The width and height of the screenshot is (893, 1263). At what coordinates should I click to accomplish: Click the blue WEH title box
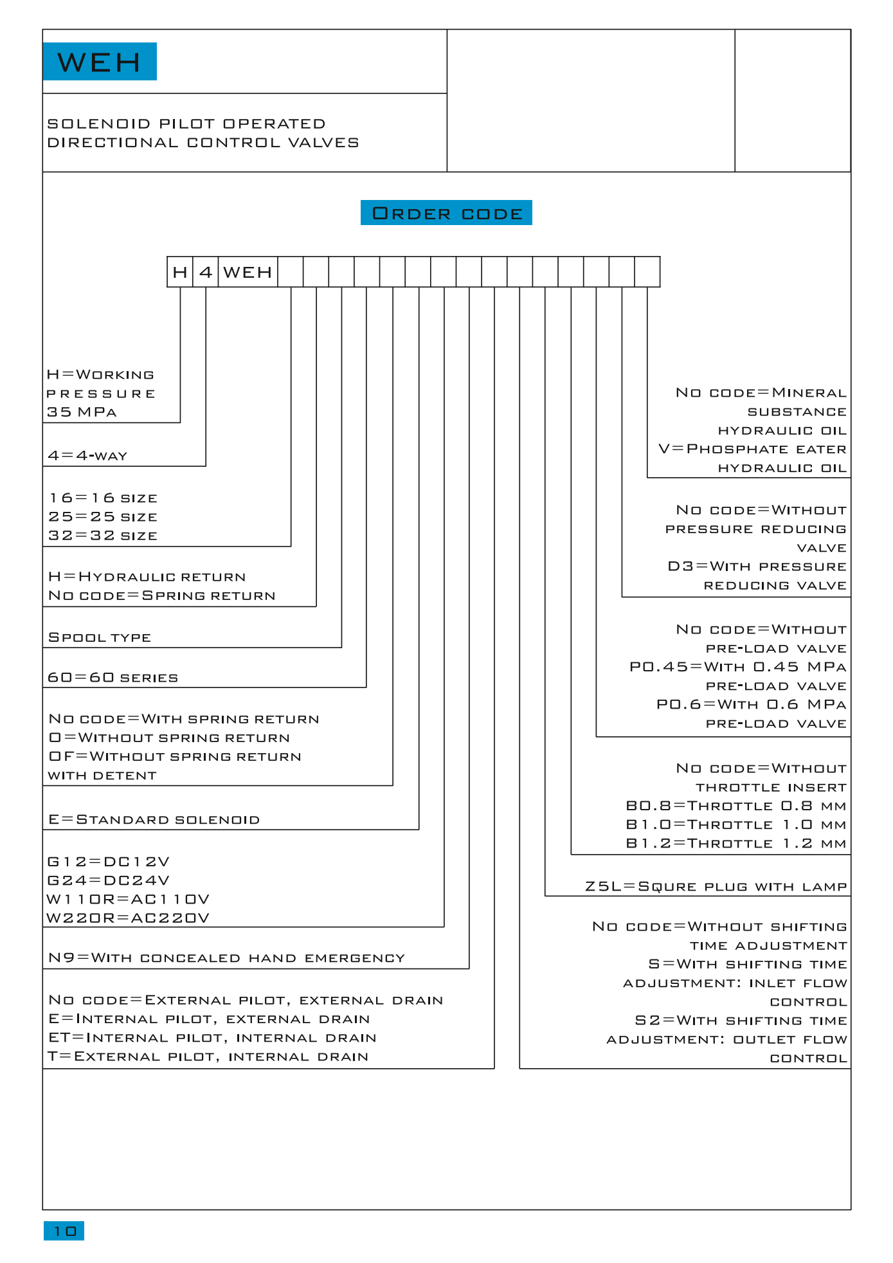tap(100, 62)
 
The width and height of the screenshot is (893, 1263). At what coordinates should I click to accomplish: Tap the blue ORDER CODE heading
tap(446, 213)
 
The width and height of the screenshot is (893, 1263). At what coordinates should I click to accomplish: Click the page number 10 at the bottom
tap(64, 1231)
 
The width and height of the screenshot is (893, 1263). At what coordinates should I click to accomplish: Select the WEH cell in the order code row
tap(248, 272)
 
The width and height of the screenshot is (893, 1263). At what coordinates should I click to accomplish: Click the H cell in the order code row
tap(180, 272)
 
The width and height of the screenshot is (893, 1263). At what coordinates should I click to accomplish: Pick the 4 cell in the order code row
tap(206, 272)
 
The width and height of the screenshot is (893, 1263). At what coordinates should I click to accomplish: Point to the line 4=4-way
tap(87, 456)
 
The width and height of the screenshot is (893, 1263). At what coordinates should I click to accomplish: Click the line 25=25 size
tap(103, 517)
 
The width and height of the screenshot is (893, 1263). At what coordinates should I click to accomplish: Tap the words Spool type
tap(100, 637)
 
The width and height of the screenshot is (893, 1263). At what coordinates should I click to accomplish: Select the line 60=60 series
tap(113, 678)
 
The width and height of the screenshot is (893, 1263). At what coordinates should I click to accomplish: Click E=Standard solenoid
tap(154, 820)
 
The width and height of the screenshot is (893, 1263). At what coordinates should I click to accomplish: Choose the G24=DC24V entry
tap(109, 880)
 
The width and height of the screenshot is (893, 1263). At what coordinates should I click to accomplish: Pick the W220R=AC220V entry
tap(129, 918)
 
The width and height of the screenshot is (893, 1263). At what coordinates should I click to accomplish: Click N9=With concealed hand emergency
tap(227, 958)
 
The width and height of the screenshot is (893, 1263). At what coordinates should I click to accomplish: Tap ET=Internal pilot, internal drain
tap(213, 1038)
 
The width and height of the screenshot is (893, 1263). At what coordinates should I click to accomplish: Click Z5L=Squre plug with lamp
tap(716, 887)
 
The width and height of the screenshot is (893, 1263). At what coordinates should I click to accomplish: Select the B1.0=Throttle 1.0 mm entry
tap(736, 825)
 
